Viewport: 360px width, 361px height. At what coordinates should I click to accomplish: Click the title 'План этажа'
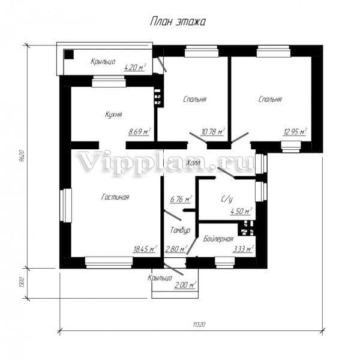(x=178, y=22)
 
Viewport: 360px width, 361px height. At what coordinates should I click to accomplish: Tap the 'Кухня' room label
(x=113, y=115)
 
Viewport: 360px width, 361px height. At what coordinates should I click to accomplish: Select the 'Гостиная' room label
(x=115, y=197)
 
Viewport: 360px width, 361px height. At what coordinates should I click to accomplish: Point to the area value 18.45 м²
(x=145, y=249)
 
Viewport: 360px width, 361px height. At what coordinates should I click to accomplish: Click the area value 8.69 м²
(x=140, y=132)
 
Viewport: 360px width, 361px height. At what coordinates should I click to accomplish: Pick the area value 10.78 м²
(x=213, y=132)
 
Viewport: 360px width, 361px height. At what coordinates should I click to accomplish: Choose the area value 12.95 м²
(x=295, y=132)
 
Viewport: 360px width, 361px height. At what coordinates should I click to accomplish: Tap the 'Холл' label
(x=193, y=163)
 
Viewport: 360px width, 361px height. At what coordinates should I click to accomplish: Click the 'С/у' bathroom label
(x=227, y=199)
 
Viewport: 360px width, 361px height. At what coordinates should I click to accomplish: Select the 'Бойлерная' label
(x=218, y=239)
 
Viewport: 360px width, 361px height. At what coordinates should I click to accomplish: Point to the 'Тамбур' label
(x=180, y=230)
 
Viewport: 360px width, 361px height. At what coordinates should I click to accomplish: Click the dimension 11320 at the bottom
(x=199, y=324)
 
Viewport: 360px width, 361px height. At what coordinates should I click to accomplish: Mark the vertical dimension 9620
(x=22, y=156)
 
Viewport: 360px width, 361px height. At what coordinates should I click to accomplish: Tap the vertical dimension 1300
(x=22, y=282)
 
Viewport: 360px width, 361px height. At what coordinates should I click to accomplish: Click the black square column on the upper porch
(x=69, y=55)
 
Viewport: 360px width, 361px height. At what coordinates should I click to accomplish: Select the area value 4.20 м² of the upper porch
(x=135, y=67)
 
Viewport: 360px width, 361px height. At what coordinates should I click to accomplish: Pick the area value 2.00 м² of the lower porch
(x=185, y=285)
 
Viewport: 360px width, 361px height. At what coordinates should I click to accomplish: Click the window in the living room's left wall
(x=65, y=205)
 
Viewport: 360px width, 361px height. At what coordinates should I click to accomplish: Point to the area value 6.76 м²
(x=181, y=199)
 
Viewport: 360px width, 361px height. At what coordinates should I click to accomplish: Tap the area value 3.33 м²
(x=244, y=249)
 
